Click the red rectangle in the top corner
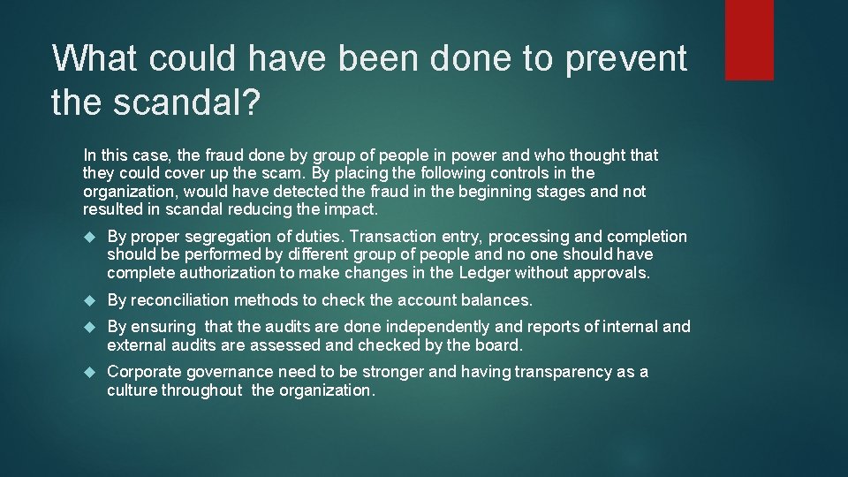[x=748, y=40]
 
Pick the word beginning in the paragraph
[x=478, y=192]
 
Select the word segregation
[x=216, y=237]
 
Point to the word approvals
[x=612, y=272]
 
